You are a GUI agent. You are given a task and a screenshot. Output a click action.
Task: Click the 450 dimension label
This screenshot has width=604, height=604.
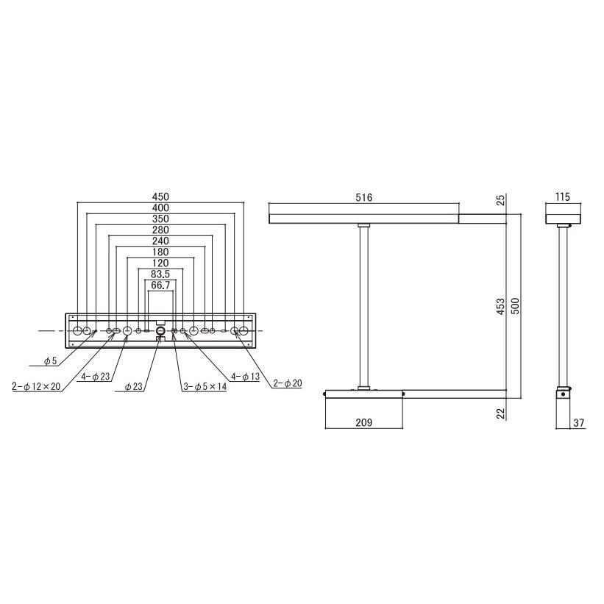pos(160,197)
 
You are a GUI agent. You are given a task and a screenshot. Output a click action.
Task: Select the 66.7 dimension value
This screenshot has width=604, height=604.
pos(160,285)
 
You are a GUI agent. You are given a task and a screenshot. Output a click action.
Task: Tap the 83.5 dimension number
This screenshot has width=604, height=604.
pos(160,274)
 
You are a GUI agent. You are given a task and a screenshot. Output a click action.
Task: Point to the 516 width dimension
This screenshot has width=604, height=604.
pos(363,198)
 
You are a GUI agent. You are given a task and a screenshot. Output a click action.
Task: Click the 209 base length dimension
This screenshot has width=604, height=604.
pos(363,422)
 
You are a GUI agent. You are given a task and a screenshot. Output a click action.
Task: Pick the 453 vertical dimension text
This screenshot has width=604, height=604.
pos(500,306)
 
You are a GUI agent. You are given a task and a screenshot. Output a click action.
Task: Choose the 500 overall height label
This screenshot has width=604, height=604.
pos(515,306)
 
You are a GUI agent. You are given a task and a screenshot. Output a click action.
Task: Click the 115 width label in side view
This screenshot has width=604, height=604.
pos(562,197)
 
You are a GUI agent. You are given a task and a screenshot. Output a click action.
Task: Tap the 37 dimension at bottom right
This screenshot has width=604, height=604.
pos(578,422)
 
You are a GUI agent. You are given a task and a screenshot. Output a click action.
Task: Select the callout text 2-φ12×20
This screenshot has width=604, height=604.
pos(36,386)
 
